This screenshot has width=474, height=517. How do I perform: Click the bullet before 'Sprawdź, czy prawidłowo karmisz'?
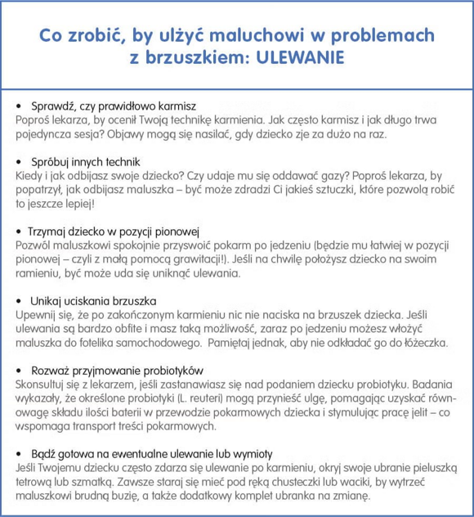[x=20, y=107]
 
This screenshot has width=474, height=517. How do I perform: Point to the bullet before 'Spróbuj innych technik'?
[x=20, y=162]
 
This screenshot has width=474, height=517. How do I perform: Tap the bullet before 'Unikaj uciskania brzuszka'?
[x=20, y=300]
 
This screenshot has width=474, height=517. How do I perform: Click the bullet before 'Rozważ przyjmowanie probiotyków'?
[x=20, y=369]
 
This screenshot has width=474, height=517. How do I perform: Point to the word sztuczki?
[x=329, y=189]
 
